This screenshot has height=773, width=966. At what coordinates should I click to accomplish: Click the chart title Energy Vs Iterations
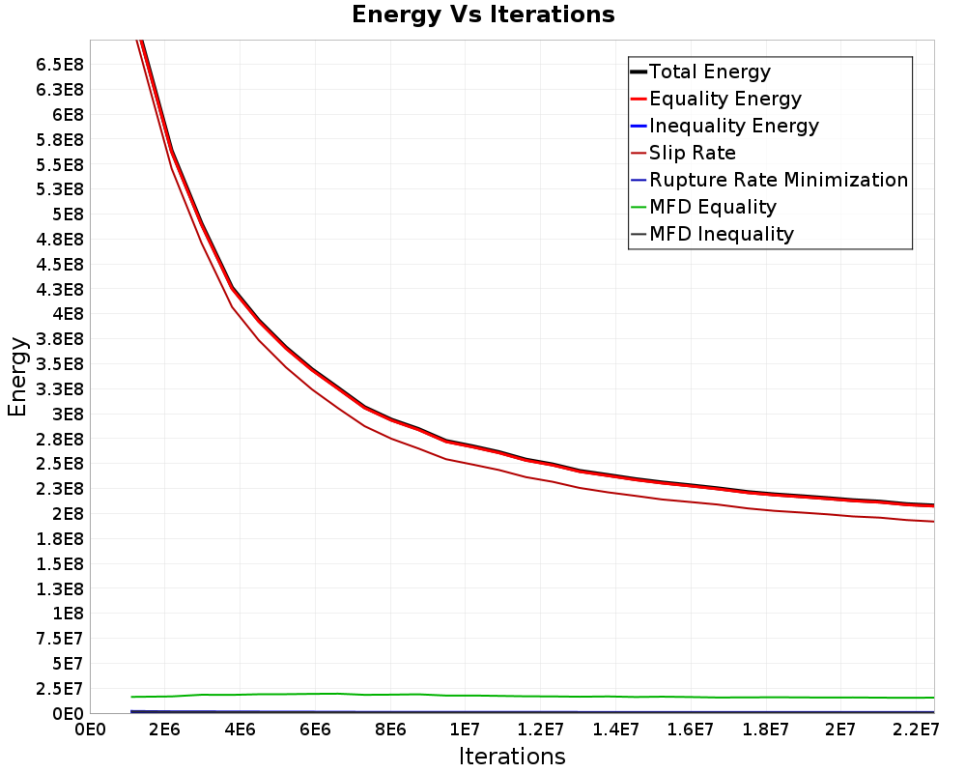click(x=483, y=14)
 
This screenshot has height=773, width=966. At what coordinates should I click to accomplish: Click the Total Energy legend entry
click(x=700, y=72)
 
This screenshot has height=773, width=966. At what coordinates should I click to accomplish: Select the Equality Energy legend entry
click(x=717, y=99)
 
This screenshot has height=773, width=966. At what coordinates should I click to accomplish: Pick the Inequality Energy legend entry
click(x=725, y=126)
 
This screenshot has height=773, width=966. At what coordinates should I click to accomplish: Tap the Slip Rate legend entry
click(x=683, y=153)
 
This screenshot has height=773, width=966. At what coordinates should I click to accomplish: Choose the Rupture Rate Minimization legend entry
click(x=770, y=180)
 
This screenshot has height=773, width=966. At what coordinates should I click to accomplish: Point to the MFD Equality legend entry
click(x=703, y=207)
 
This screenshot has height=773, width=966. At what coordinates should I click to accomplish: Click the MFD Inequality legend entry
click(x=712, y=234)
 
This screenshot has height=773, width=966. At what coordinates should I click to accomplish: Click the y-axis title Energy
click(x=17, y=377)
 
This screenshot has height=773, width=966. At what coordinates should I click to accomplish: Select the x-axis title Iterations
click(x=512, y=756)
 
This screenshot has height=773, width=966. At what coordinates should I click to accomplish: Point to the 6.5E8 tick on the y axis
click(x=60, y=65)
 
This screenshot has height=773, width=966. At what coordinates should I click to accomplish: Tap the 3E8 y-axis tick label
click(x=68, y=415)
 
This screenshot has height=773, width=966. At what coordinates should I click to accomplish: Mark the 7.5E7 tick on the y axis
click(x=60, y=639)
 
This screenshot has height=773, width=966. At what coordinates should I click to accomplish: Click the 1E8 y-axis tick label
click(x=68, y=614)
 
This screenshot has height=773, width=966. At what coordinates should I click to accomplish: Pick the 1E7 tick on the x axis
click(x=465, y=730)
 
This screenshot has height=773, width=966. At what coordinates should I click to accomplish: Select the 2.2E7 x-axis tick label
click(x=916, y=730)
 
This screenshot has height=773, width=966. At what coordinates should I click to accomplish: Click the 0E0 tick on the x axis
click(x=90, y=730)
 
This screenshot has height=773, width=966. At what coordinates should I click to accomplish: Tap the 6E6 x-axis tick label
click(x=315, y=730)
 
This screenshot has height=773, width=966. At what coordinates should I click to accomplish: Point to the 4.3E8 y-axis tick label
click(x=60, y=290)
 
